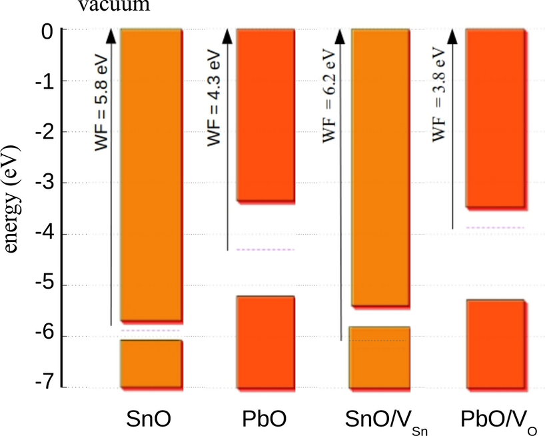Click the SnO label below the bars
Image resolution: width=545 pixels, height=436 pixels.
tap(149, 419)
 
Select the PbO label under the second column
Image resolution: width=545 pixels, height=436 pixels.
tap(265, 419)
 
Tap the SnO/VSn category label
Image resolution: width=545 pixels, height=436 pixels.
tap(382, 420)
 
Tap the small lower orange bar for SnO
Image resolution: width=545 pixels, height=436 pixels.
tap(151, 363)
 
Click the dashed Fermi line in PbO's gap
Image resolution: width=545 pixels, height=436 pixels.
tap(266, 250)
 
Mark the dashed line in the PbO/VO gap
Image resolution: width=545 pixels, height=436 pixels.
tap(495, 228)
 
